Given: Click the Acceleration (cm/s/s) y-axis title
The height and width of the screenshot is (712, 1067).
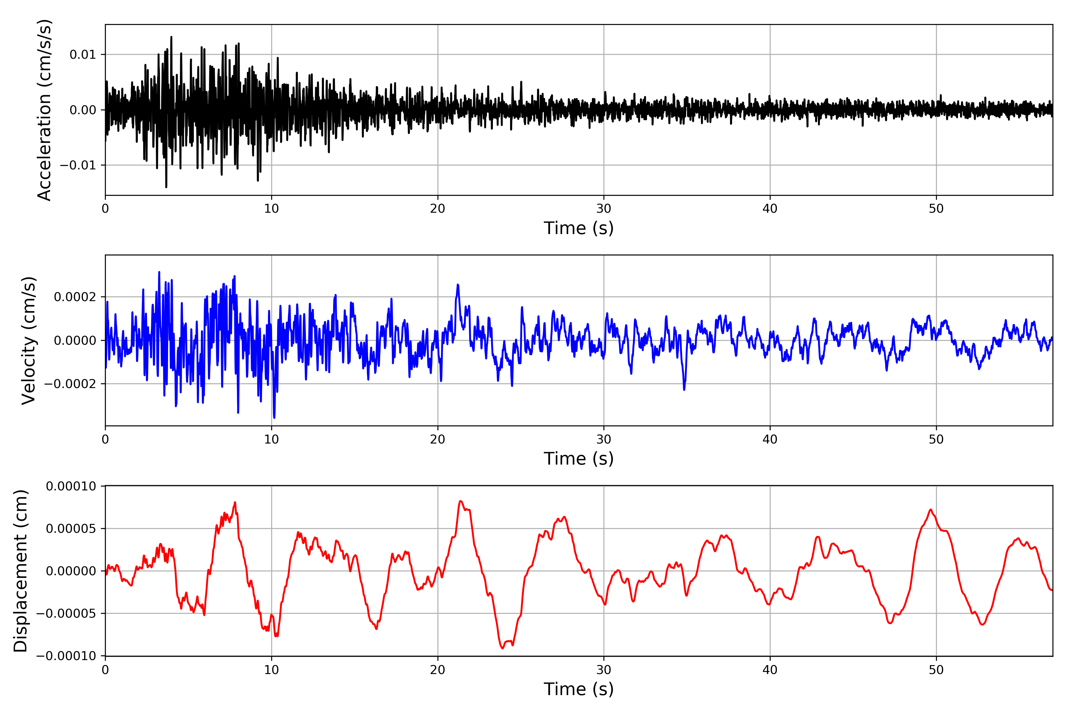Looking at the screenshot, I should click(x=44, y=110).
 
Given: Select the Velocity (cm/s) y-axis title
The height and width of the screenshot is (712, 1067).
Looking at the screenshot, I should click(x=28, y=341).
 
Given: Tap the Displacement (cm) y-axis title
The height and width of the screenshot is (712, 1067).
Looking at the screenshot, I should click(x=20, y=571).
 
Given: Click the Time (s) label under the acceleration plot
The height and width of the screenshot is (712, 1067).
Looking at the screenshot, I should click(x=579, y=228).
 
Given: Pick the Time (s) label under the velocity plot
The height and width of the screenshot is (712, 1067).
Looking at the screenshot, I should click(x=579, y=459).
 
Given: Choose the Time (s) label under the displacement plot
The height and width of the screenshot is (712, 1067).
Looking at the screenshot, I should click(x=579, y=689).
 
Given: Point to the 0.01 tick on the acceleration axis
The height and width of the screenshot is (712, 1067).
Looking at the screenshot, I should click(x=83, y=55).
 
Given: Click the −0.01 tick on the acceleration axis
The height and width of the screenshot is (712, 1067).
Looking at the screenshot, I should click(x=78, y=165).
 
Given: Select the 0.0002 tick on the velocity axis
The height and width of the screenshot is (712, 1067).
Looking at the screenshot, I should click(x=75, y=297).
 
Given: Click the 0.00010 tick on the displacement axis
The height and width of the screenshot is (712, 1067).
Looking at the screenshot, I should click(x=71, y=486).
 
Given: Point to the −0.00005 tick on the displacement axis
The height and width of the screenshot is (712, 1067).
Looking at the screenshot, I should click(x=66, y=614).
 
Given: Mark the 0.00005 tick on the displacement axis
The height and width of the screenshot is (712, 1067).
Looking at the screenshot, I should click(x=71, y=529).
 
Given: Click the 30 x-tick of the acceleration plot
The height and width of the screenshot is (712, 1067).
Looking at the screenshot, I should click(x=604, y=209).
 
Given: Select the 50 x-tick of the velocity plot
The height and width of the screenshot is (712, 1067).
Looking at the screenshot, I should click(x=936, y=440).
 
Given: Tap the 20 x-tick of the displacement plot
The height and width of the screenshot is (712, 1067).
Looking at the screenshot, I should click(x=438, y=670).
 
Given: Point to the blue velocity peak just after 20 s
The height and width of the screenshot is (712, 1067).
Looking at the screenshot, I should click(x=458, y=285).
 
